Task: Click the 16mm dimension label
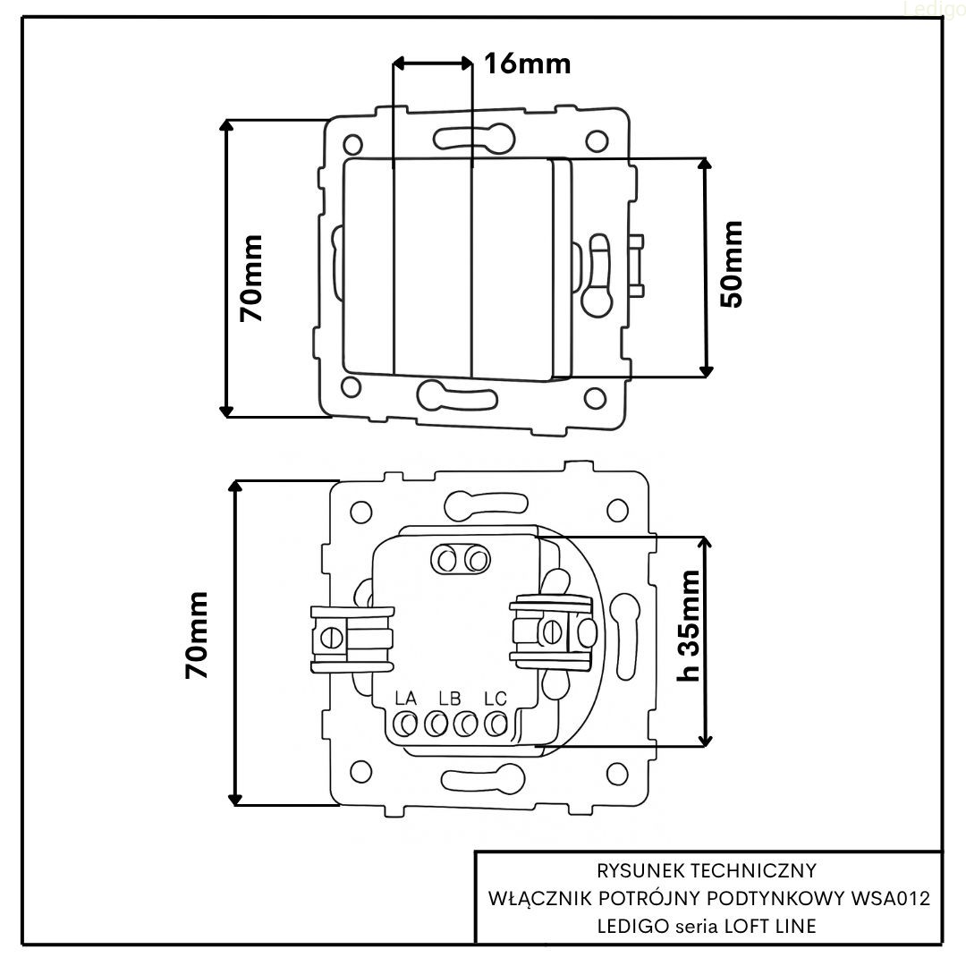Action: click(527, 64)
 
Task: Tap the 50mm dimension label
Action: click(731, 264)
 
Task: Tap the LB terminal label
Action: click(450, 698)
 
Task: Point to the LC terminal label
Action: click(495, 698)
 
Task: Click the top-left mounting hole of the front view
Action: click(354, 142)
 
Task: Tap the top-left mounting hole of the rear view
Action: click(360, 513)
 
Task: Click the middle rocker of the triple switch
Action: click(432, 266)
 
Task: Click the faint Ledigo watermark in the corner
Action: click(933, 9)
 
